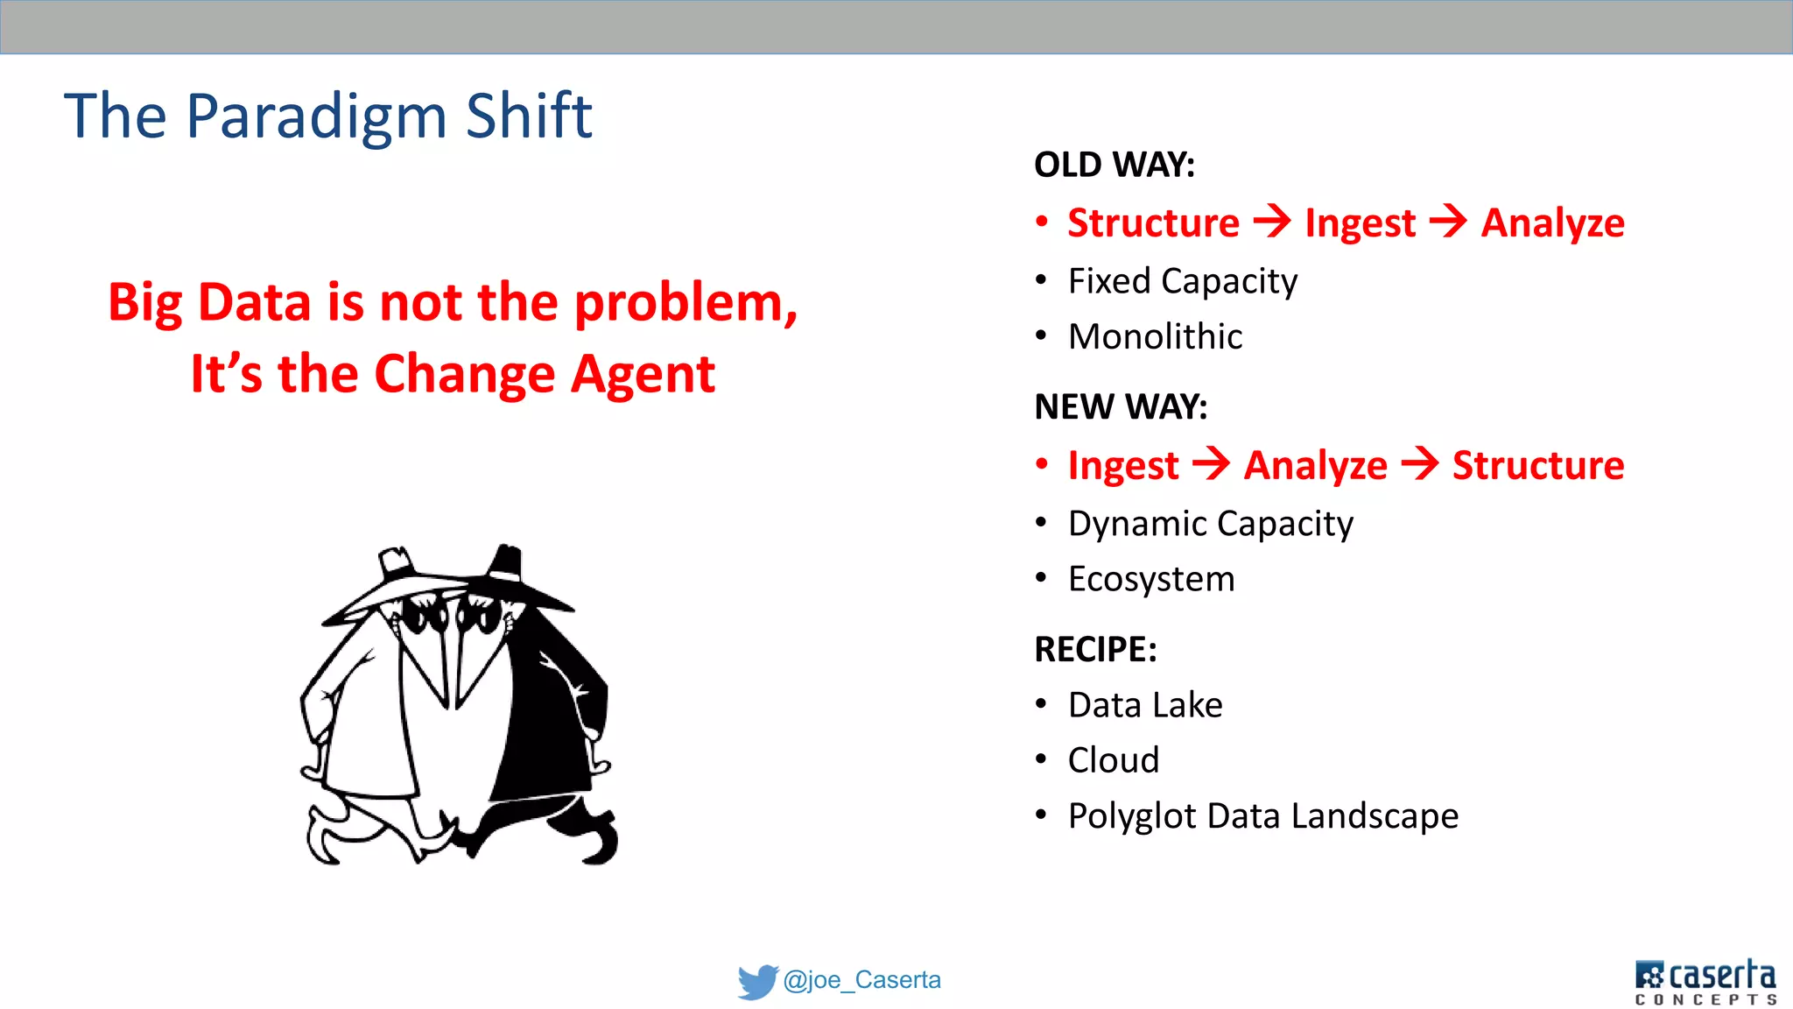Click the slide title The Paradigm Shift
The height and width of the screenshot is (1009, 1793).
327,116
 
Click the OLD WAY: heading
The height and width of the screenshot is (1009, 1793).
1114,165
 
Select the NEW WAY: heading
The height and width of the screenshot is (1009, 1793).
1120,406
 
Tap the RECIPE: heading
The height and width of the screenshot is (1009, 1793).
1095,649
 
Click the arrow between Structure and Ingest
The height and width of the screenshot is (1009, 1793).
1272,221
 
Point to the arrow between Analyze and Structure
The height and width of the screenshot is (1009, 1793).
1419,463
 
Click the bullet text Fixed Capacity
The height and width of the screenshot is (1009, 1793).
1182,281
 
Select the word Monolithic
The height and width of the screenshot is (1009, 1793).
1155,336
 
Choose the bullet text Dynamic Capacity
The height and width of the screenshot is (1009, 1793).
1210,524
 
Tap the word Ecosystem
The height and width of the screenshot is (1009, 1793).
1151,579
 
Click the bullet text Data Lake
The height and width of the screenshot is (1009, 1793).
1144,705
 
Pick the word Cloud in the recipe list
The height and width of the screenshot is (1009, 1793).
1113,760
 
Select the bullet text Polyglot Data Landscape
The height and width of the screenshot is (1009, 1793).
1262,815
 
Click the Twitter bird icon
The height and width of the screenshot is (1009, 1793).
756,981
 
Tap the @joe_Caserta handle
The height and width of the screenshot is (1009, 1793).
861,979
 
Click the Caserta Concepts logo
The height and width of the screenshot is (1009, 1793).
1705,981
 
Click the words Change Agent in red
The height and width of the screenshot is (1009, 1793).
544,374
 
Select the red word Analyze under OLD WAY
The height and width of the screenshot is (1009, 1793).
1552,222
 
